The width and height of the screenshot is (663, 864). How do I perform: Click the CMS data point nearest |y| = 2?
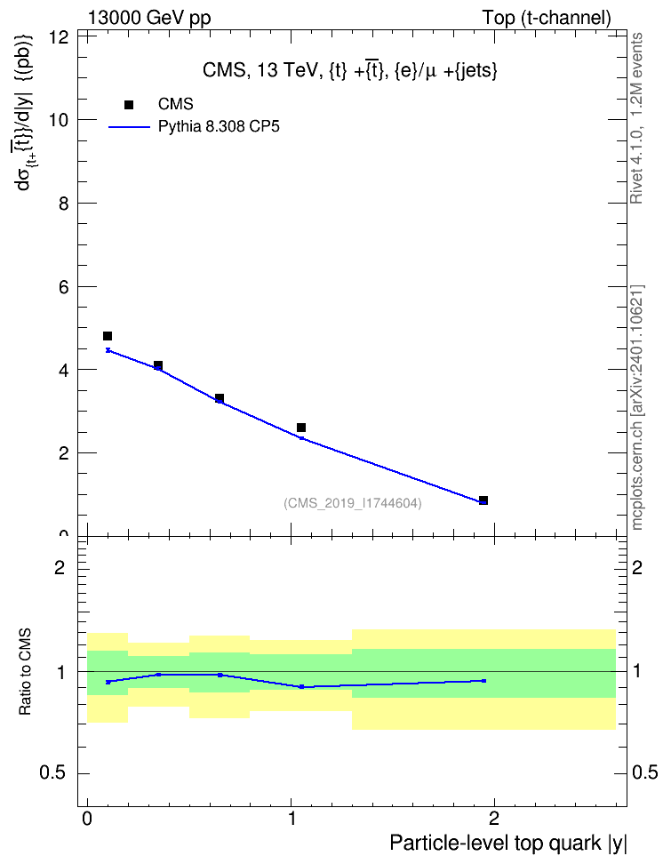(483, 500)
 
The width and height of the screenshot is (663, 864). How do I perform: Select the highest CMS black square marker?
(108, 336)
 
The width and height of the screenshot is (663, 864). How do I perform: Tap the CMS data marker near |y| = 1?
(301, 428)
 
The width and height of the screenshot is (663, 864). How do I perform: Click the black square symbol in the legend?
(129, 105)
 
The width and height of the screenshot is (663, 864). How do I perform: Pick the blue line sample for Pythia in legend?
(129, 127)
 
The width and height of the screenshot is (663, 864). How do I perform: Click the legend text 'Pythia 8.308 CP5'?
(219, 127)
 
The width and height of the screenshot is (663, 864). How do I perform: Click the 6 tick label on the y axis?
(65, 286)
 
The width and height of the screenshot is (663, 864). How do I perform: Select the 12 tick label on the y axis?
(58, 37)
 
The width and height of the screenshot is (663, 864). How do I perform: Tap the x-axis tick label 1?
(292, 819)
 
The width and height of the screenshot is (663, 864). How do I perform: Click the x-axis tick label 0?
(87, 819)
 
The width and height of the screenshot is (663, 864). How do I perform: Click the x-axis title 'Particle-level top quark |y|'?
(508, 843)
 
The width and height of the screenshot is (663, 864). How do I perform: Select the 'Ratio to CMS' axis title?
(25, 672)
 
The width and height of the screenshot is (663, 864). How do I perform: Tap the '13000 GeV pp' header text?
(149, 18)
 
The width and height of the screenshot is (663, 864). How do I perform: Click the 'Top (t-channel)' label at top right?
(547, 18)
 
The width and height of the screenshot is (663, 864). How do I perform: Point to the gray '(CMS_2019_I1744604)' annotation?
(353, 503)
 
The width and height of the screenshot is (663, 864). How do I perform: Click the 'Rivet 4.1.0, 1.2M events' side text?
(636, 118)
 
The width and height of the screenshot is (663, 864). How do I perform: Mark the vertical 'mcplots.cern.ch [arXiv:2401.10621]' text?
(636, 408)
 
